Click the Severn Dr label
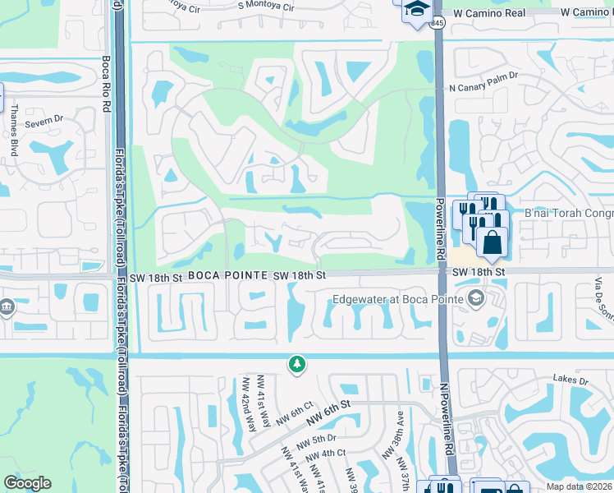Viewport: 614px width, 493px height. (x=44, y=122)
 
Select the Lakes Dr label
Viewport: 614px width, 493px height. (x=571, y=380)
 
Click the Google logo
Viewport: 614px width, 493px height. (x=27, y=482)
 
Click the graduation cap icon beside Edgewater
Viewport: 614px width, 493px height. (x=475, y=299)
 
